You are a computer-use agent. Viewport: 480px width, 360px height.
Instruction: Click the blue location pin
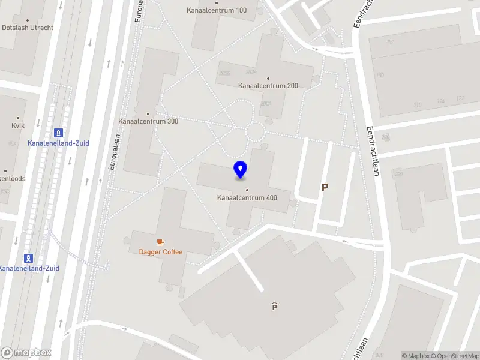(240, 170)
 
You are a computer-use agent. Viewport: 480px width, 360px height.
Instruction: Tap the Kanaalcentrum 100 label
(217, 10)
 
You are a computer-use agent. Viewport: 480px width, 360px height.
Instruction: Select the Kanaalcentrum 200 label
(268, 86)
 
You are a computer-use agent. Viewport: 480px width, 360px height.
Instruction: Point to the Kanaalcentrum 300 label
(148, 121)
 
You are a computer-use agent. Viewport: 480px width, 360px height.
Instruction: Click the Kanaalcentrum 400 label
(247, 198)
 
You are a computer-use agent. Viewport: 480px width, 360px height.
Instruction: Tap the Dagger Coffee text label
(160, 252)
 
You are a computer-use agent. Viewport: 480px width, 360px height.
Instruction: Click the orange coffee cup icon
(160, 242)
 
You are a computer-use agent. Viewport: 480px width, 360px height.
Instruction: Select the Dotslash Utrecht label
(28, 28)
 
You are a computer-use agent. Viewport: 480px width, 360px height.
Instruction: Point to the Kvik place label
(18, 127)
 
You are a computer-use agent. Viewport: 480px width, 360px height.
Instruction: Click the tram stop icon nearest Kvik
(58, 133)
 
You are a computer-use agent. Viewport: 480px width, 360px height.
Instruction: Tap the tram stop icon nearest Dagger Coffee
(28, 258)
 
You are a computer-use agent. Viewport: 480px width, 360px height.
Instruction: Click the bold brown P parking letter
(325, 187)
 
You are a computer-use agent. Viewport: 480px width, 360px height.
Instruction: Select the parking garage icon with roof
(274, 307)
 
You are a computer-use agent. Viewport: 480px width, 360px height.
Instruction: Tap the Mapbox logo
(26, 352)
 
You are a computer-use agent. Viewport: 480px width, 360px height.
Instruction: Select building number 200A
(266, 103)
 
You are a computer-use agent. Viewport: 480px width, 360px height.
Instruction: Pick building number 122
(460, 98)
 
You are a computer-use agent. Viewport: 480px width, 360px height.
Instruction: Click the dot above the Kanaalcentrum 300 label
(148, 113)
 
